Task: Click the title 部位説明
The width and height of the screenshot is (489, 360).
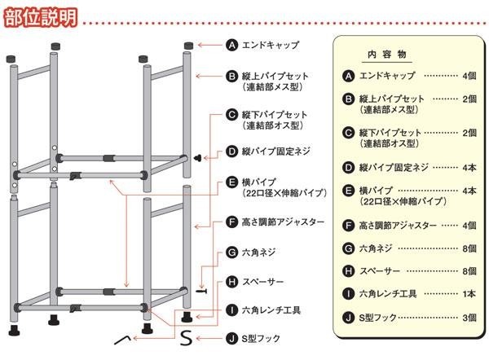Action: click(x=40, y=16)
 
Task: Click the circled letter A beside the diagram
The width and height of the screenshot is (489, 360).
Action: click(x=231, y=46)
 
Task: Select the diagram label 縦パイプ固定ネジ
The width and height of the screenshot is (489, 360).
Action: click(x=277, y=152)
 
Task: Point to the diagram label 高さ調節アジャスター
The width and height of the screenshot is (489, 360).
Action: click(x=284, y=222)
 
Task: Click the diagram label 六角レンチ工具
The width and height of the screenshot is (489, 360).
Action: click(x=272, y=310)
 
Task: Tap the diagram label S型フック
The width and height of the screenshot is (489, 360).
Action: click(x=265, y=337)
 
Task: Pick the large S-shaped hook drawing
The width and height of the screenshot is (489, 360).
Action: click(x=186, y=336)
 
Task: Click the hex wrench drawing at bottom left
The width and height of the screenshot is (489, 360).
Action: click(x=124, y=338)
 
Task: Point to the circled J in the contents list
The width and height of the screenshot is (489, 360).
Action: click(x=349, y=318)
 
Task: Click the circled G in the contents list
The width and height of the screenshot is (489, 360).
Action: click(x=349, y=248)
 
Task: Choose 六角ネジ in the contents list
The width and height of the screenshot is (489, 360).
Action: click(x=378, y=248)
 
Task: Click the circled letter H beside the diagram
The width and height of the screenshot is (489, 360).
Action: click(x=231, y=282)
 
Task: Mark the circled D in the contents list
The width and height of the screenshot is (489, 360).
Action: click(x=349, y=167)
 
